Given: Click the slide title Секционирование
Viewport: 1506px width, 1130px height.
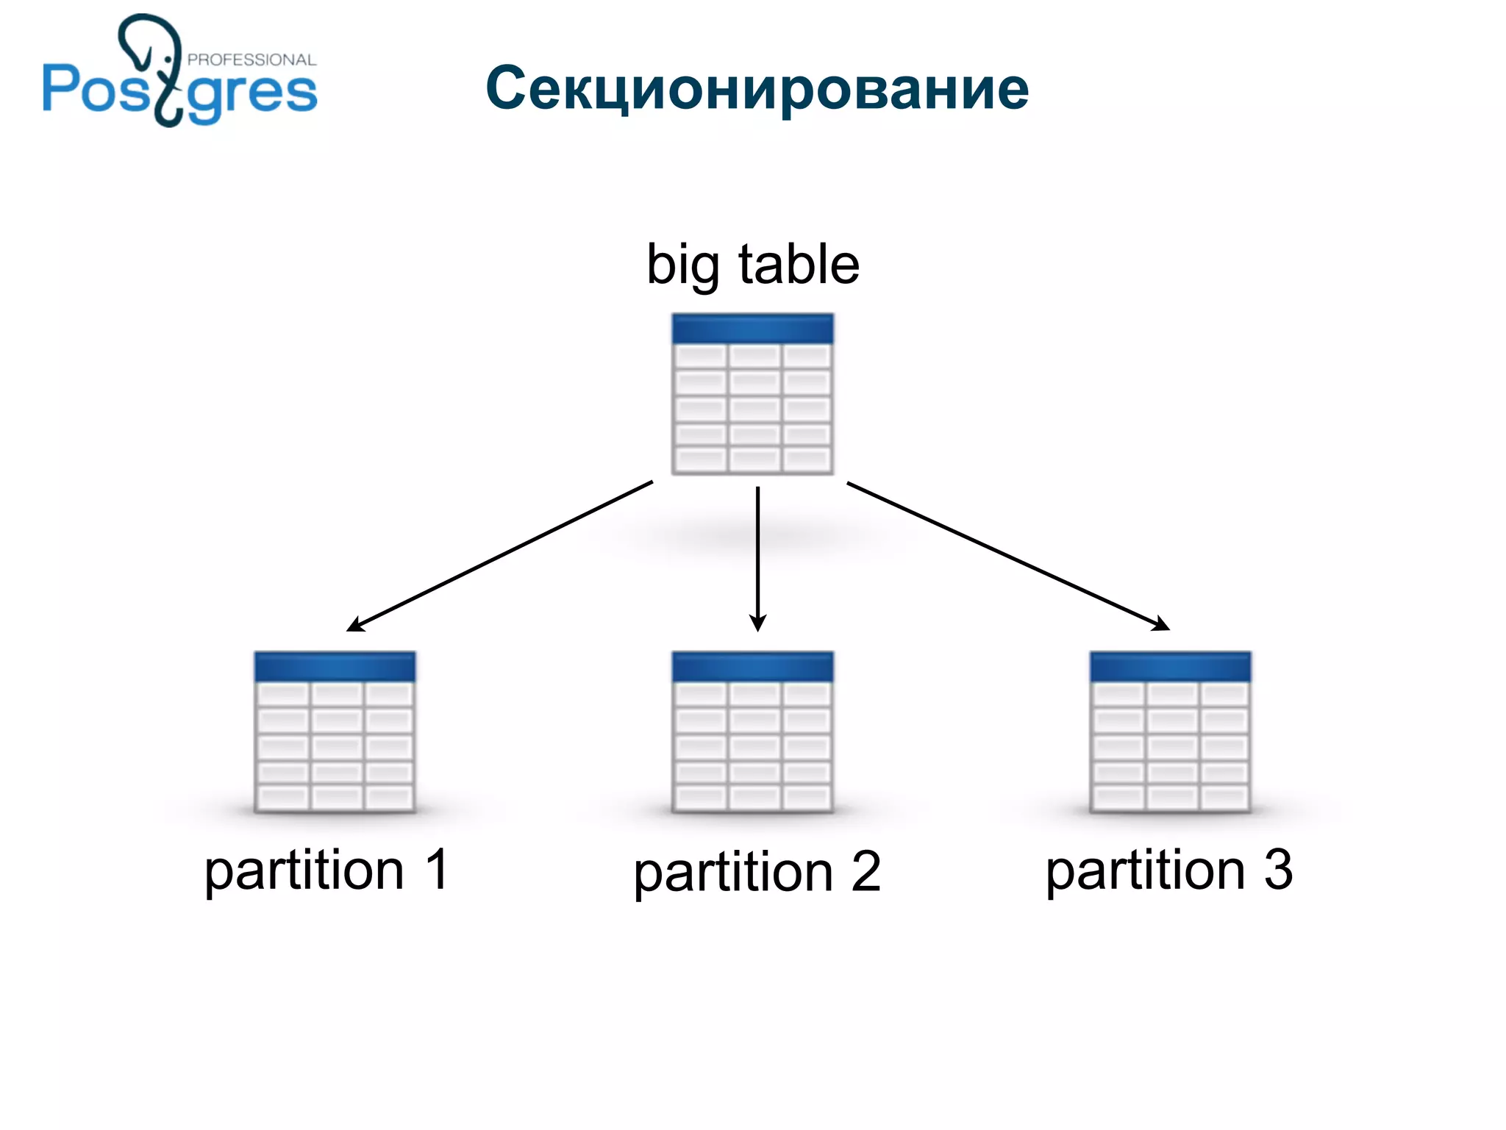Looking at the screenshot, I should point(757,88).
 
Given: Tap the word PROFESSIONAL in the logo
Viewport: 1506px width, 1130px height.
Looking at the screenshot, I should point(251,60).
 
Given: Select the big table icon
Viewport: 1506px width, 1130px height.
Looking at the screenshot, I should point(752,394).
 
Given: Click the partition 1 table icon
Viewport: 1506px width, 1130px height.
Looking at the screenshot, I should point(335,732).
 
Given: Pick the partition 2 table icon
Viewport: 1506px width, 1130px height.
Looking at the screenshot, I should point(752,732).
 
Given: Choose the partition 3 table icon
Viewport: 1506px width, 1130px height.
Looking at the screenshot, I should point(1170,732).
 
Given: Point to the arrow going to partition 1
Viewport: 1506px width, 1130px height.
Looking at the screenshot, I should point(500,556).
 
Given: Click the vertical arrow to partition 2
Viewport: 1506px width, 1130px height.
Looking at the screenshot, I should point(757,551).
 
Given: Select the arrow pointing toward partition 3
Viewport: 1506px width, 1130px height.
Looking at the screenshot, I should point(1007,556).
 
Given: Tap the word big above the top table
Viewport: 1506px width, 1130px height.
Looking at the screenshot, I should point(682,265).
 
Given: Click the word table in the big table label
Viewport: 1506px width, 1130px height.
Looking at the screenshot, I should point(799,265).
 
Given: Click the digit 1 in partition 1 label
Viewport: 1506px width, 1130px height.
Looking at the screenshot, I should point(437,869).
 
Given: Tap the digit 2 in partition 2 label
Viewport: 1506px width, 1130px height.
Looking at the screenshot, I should point(866,872).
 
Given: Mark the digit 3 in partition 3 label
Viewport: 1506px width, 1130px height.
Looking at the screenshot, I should point(1278,869).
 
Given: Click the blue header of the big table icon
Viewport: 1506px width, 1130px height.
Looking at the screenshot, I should point(752,329).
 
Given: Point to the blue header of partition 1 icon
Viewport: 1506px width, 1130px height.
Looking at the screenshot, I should point(335,666).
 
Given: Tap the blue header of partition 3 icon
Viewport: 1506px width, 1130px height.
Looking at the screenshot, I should point(1170,666).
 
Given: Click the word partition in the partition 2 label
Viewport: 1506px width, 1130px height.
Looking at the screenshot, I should point(733,873).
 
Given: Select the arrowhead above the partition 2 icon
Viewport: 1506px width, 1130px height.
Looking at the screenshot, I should point(757,623).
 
